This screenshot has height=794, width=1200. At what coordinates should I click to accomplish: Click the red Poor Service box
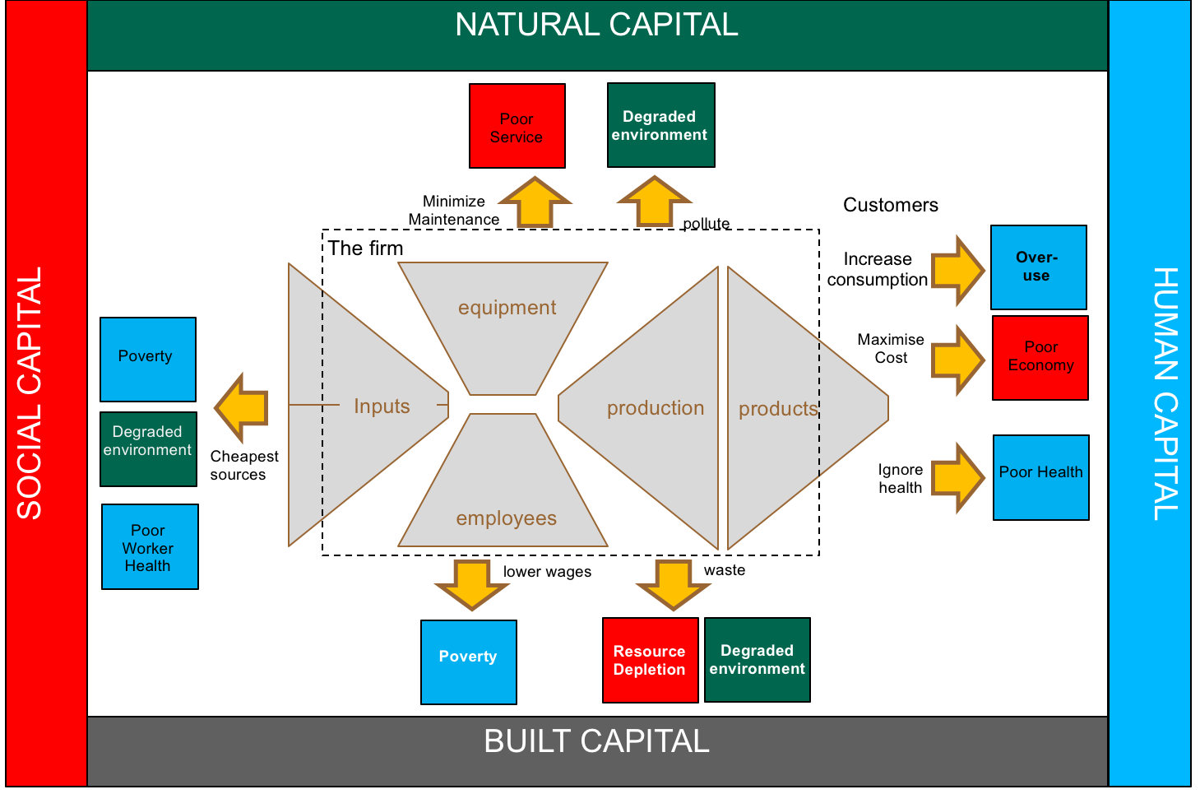[x=517, y=126]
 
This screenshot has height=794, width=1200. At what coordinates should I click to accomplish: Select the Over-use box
[x=1038, y=267]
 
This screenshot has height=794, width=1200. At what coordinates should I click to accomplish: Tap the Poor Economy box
[x=1040, y=358]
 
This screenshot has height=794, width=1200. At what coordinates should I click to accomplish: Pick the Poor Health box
[x=1040, y=477]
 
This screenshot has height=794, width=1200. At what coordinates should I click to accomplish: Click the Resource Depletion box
[x=650, y=660]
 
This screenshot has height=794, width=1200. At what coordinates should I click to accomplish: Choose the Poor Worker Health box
[x=149, y=547]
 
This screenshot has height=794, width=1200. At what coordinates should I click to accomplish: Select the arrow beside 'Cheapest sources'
[x=243, y=408]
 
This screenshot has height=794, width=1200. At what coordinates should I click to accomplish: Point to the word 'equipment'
[x=507, y=308]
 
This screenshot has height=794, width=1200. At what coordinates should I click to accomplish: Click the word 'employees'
[x=506, y=518]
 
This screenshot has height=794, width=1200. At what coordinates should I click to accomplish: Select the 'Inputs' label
[x=382, y=406]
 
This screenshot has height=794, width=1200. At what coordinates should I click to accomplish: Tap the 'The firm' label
[x=365, y=248]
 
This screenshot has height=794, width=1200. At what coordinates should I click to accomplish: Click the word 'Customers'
[x=890, y=205]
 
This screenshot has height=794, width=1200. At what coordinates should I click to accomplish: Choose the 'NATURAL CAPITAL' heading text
[x=596, y=25]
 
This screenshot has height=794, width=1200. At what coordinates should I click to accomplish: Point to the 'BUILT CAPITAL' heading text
[x=596, y=741]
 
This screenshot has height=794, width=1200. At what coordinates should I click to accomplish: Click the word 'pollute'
[x=706, y=224]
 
